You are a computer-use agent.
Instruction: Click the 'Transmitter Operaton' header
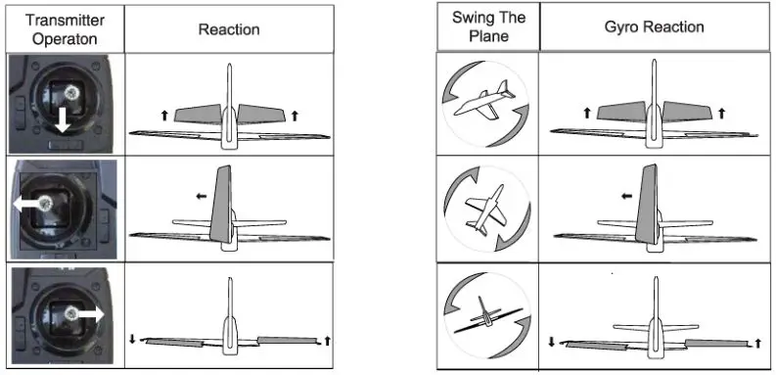tap(62, 28)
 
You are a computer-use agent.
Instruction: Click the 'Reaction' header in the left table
tap(228, 29)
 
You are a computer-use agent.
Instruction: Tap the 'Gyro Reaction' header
tap(653, 26)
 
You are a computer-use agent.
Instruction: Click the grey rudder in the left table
tap(219, 206)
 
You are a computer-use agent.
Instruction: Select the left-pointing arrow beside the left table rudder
tap(200, 196)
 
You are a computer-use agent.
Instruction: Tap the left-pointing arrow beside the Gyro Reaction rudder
tap(624, 195)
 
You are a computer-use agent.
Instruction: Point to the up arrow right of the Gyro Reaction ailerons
tap(757, 342)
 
